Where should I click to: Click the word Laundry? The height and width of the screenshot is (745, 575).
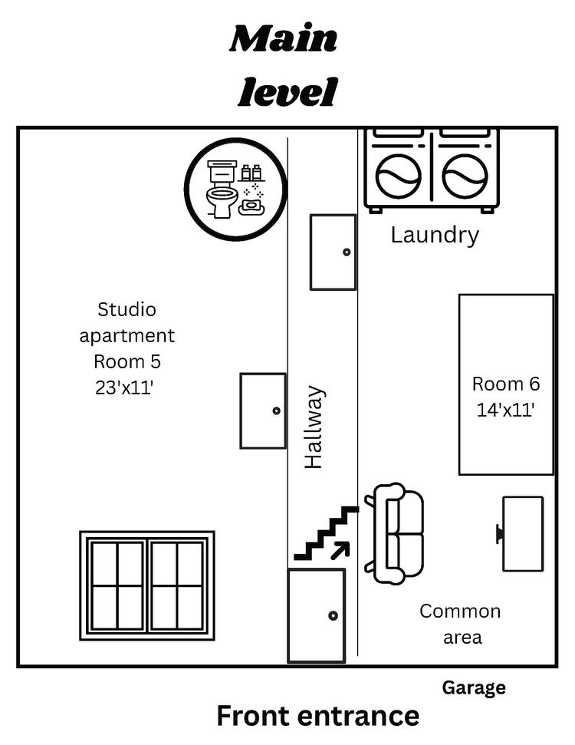pos(434,234)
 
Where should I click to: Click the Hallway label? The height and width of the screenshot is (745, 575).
pos(314,427)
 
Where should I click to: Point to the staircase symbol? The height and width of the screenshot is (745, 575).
pos(326,532)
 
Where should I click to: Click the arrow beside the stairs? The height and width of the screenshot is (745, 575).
pos(340,549)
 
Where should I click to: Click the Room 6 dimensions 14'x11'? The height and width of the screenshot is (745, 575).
pos(505,410)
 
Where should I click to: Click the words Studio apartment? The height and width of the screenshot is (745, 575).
pos(127,322)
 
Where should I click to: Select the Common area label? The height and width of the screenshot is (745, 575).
pos(460,623)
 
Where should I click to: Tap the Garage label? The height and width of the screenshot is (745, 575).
pos(473,687)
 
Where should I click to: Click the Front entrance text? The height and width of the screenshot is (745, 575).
pos(317,715)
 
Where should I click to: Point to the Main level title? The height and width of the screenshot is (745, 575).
pos(284,66)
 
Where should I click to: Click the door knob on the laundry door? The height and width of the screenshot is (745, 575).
pos(347,252)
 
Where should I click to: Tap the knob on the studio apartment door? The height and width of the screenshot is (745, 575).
pos(277,410)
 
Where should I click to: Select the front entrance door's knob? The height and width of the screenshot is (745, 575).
pos(333,615)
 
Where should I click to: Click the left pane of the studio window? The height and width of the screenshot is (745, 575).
pos(117,585)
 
